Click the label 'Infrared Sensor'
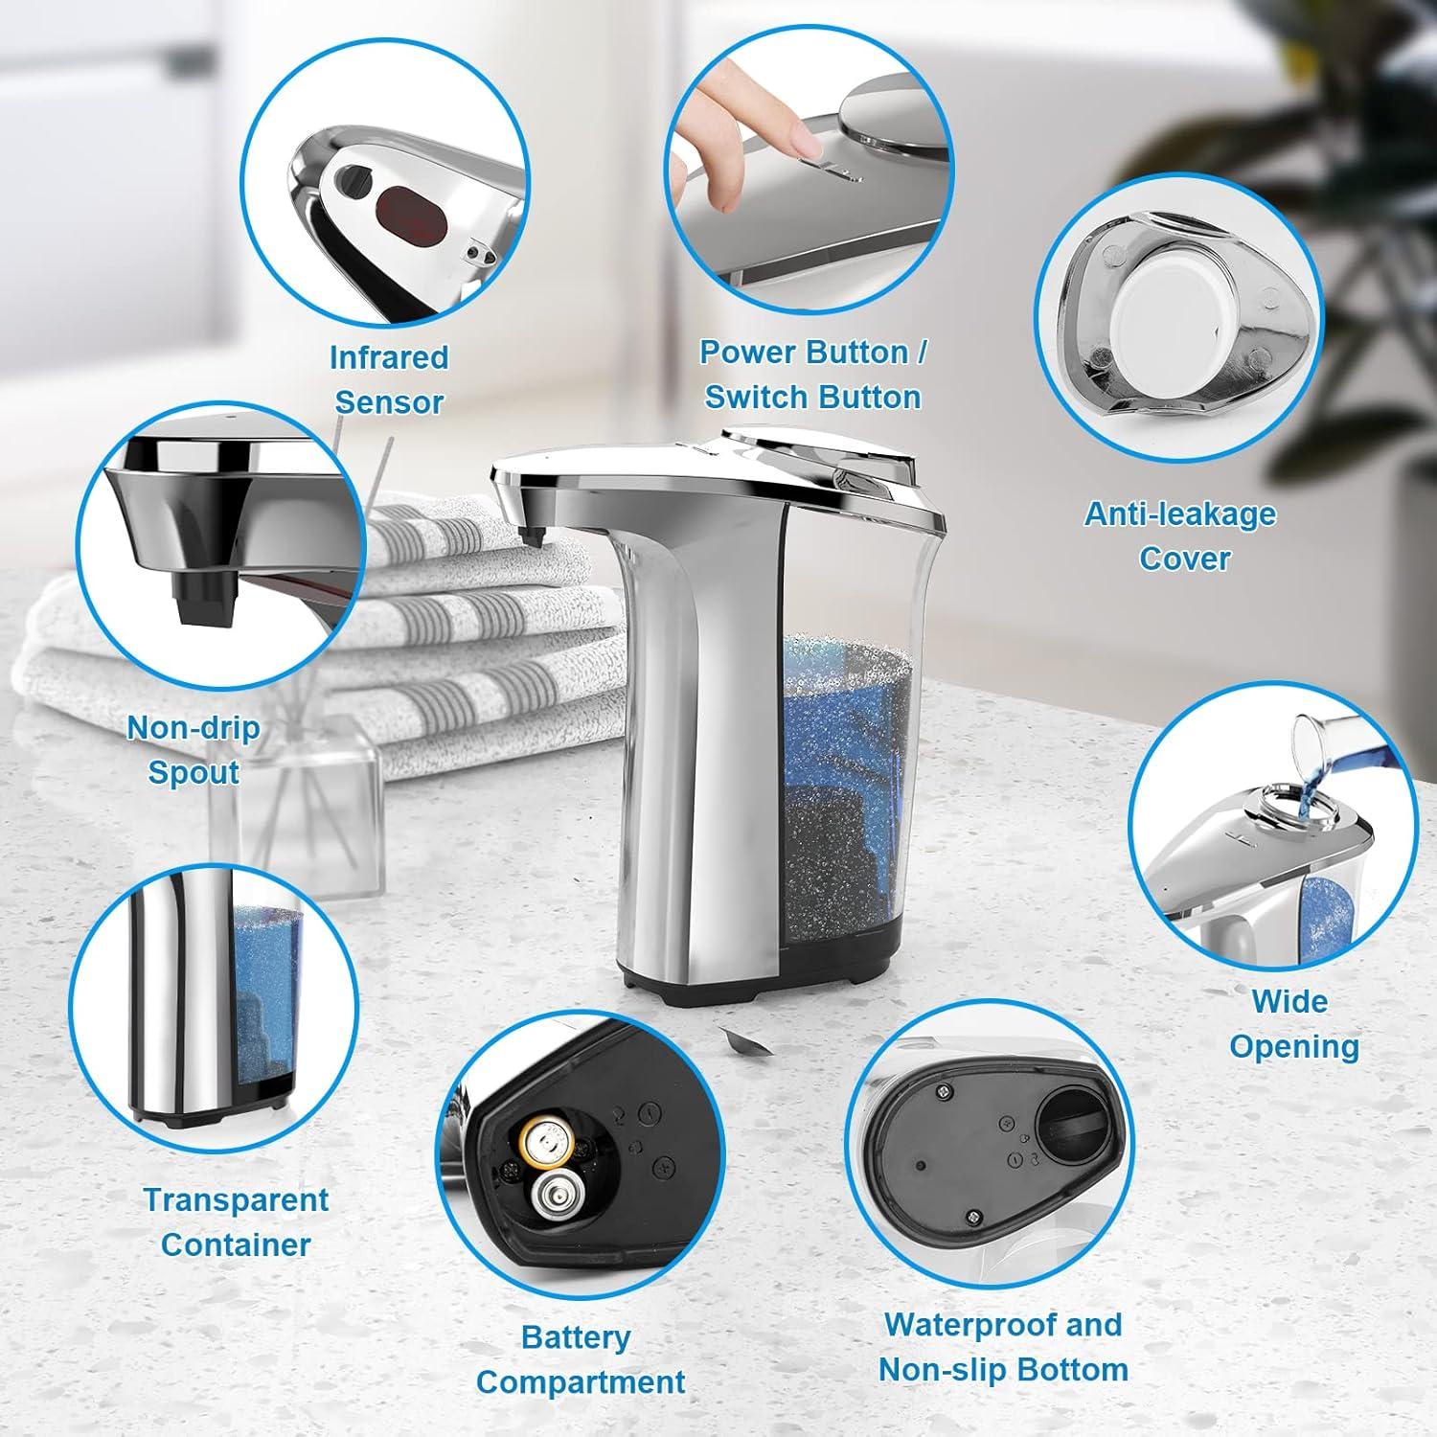[388, 379]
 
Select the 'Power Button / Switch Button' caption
[812, 375]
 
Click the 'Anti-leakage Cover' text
[1180, 536]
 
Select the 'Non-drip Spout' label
[194, 750]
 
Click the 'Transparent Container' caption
[236, 1221]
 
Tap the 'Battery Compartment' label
[580, 1359]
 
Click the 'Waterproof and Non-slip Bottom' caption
[1002, 1347]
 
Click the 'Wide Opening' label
[1293, 1024]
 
